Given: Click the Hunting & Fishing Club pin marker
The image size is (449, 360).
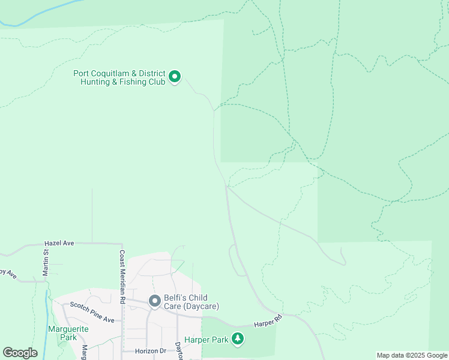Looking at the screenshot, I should point(175,77).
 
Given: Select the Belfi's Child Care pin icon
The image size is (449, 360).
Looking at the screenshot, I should point(154,301).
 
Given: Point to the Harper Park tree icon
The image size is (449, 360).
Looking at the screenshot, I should point(238,340).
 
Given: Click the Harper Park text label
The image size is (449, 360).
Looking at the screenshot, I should point(206,340).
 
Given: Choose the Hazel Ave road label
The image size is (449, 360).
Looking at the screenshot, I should point(59,243).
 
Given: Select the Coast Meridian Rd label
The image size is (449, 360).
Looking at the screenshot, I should point(122,276).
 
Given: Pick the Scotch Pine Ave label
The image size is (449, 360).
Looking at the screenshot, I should point(92,311).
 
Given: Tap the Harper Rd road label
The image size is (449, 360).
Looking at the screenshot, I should point(268,322).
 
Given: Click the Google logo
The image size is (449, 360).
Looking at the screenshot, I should point(20,353).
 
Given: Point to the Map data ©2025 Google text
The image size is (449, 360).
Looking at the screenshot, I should point(412,355).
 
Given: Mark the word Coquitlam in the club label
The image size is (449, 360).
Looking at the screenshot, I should point(113,73).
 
